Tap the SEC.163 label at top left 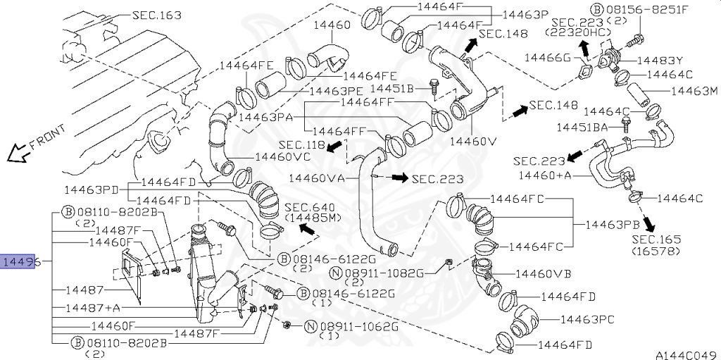click(157, 15)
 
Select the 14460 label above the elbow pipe click(332, 25)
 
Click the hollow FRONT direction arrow click(17, 154)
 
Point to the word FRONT click(48, 137)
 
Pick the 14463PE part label click(337, 92)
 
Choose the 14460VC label click(283, 156)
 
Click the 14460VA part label click(317, 178)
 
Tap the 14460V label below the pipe click(474, 142)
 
